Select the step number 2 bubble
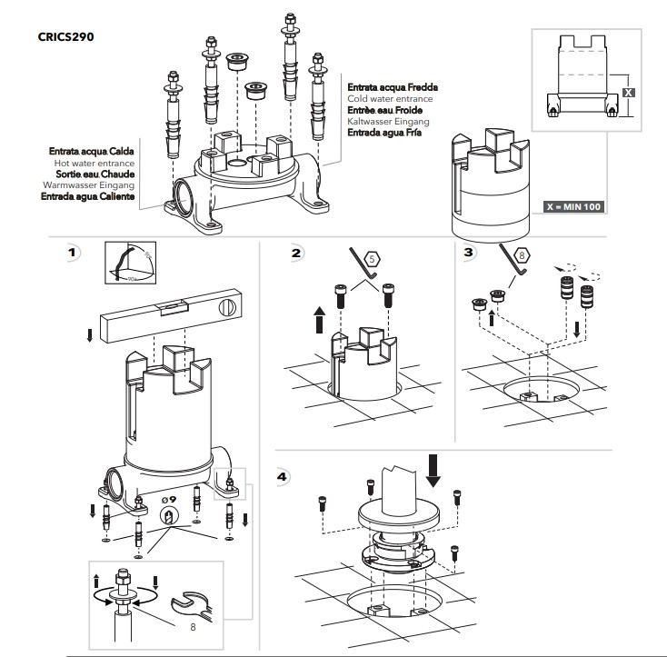(296, 253)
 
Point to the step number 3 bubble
(469, 251)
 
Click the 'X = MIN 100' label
(573, 206)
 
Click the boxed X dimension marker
(629, 93)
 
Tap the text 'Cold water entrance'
(390, 98)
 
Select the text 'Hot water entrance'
(94, 162)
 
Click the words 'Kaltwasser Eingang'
(388, 121)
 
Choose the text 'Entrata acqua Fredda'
(392, 87)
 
